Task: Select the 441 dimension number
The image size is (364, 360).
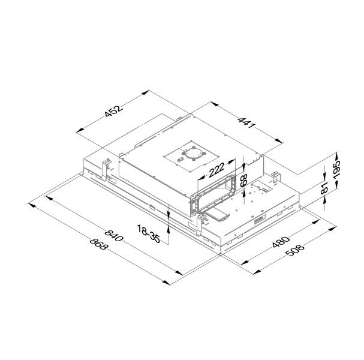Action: pyautogui.click(x=247, y=125)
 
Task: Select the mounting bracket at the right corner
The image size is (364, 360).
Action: pyautogui.click(x=276, y=178)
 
